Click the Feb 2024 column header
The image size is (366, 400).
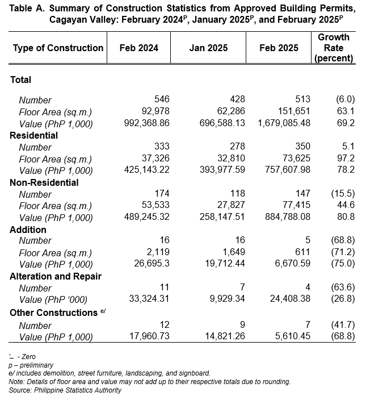[139, 48]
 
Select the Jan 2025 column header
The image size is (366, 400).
[208, 48]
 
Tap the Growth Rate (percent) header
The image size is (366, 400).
[334, 48]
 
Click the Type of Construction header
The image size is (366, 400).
[58, 48]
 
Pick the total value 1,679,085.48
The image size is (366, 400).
[284, 123]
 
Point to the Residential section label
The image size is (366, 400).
[34, 135]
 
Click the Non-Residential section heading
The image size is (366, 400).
[44, 182]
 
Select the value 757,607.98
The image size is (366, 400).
[288, 170]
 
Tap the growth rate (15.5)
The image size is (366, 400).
[343, 194]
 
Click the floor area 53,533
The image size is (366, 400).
[155, 205]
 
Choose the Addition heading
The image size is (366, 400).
[28, 230]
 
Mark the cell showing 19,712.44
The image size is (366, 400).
[225, 264]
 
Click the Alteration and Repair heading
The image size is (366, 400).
[56, 277]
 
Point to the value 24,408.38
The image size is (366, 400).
[290, 299]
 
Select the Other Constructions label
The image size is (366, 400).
[53, 312]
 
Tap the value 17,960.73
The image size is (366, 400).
[149, 336]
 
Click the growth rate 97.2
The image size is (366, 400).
[346, 158]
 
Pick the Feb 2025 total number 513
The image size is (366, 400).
[303, 99]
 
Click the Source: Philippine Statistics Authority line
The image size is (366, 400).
[65, 390]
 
